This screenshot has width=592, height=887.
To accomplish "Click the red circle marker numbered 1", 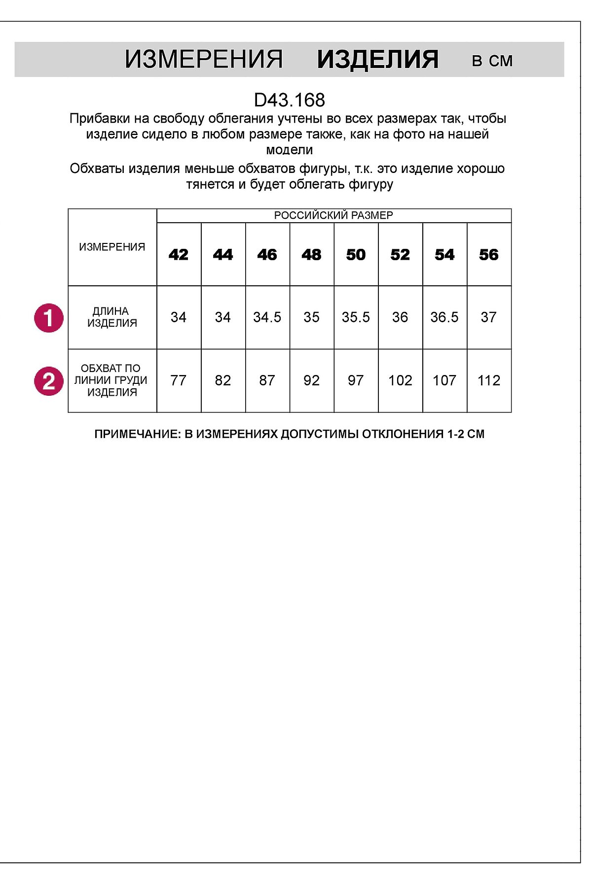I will point(48,318).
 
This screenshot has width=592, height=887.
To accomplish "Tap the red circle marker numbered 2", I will point(48,381).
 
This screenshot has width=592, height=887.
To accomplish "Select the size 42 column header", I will point(179,255).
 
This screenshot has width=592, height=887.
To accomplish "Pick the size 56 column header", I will point(489,255).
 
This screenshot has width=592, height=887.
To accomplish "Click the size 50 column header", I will point(356,255).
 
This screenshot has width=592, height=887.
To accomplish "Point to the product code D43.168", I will point(290,100).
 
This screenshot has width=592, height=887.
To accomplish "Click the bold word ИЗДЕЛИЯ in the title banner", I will point(377,60).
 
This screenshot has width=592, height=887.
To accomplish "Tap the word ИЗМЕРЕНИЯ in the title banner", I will point(203,60).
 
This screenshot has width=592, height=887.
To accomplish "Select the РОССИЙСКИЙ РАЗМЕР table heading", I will point(333,215).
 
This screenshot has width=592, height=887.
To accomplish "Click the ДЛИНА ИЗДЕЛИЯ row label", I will point(112,317).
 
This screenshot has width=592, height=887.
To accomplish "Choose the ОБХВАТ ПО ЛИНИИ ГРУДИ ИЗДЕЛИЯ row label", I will point(111,380).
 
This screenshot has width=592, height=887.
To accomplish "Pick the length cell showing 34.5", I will point(267,317).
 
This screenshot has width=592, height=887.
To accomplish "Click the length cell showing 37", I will point(489,317).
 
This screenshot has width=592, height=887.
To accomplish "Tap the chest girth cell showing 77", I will point(179,380).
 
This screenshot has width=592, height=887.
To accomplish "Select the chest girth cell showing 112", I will point(489,380).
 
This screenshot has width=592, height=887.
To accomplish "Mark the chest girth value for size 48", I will point(311,380).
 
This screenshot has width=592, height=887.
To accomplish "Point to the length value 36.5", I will point(444,317).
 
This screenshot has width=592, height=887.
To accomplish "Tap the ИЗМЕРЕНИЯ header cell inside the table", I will point(112,247).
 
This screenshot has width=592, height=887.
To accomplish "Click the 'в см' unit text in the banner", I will point(492,61).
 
